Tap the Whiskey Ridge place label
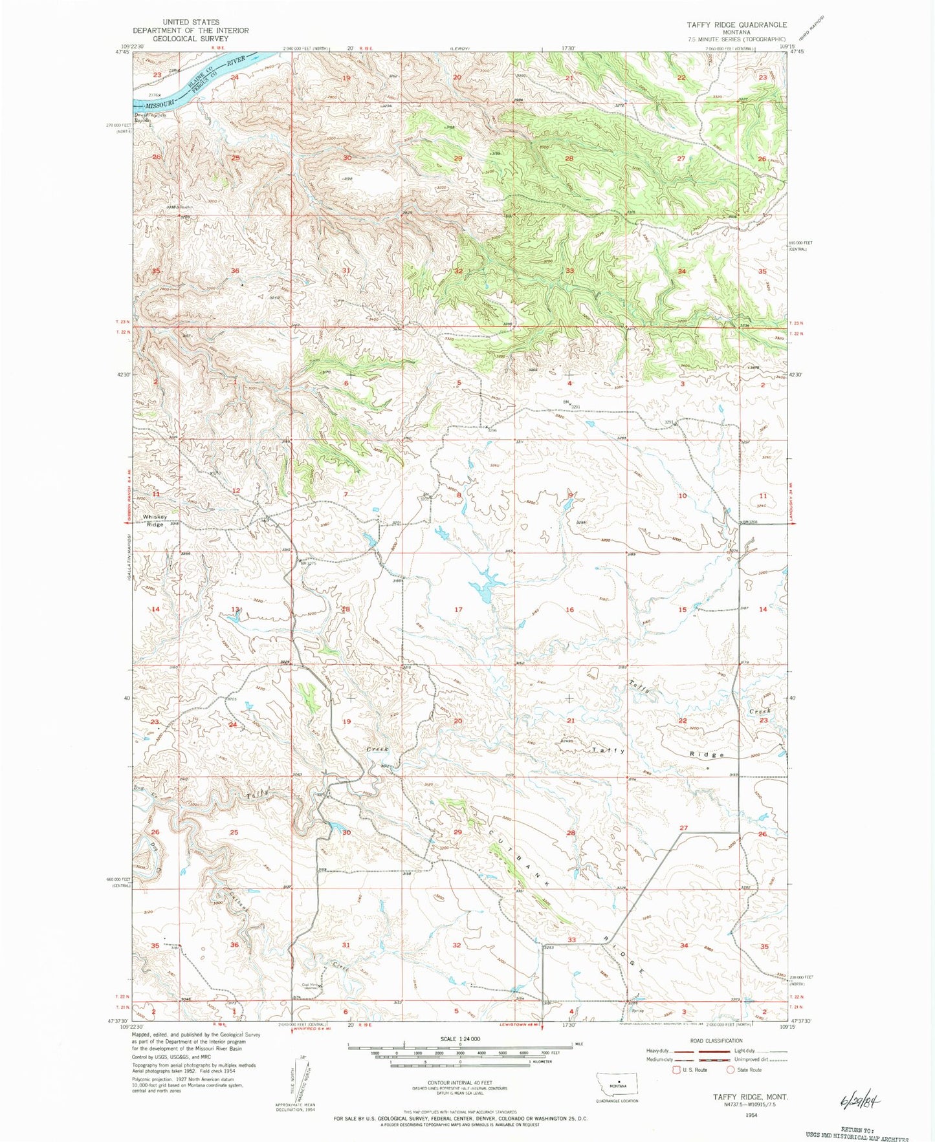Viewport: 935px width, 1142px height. (x=155, y=521)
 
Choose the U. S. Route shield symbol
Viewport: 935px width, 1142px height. (x=677, y=1070)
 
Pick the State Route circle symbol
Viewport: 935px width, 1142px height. (x=731, y=1070)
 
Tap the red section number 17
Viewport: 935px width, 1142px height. (x=458, y=610)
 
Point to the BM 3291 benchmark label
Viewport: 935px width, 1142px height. (x=569, y=404)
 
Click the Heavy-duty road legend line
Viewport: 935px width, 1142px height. (x=683, y=1051)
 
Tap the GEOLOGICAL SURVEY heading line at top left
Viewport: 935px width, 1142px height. (x=191, y=38)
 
